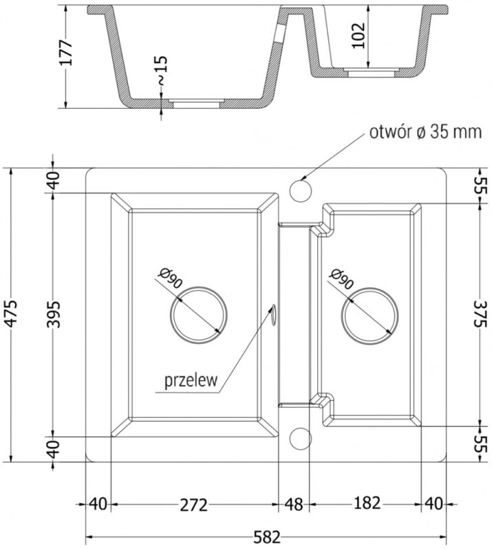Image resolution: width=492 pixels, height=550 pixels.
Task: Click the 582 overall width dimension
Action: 266,538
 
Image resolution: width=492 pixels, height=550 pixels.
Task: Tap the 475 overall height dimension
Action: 12,313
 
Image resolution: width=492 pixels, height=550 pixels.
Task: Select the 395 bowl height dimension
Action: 54,313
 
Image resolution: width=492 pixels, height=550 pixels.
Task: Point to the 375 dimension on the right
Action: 480,313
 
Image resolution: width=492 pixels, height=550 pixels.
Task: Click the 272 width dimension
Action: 194,505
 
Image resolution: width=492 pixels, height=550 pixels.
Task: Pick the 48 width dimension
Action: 294,505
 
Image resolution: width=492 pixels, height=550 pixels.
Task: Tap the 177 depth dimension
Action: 65,53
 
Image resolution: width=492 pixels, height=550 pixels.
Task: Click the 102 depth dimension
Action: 359,36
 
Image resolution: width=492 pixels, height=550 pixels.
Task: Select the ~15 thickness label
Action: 161,70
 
